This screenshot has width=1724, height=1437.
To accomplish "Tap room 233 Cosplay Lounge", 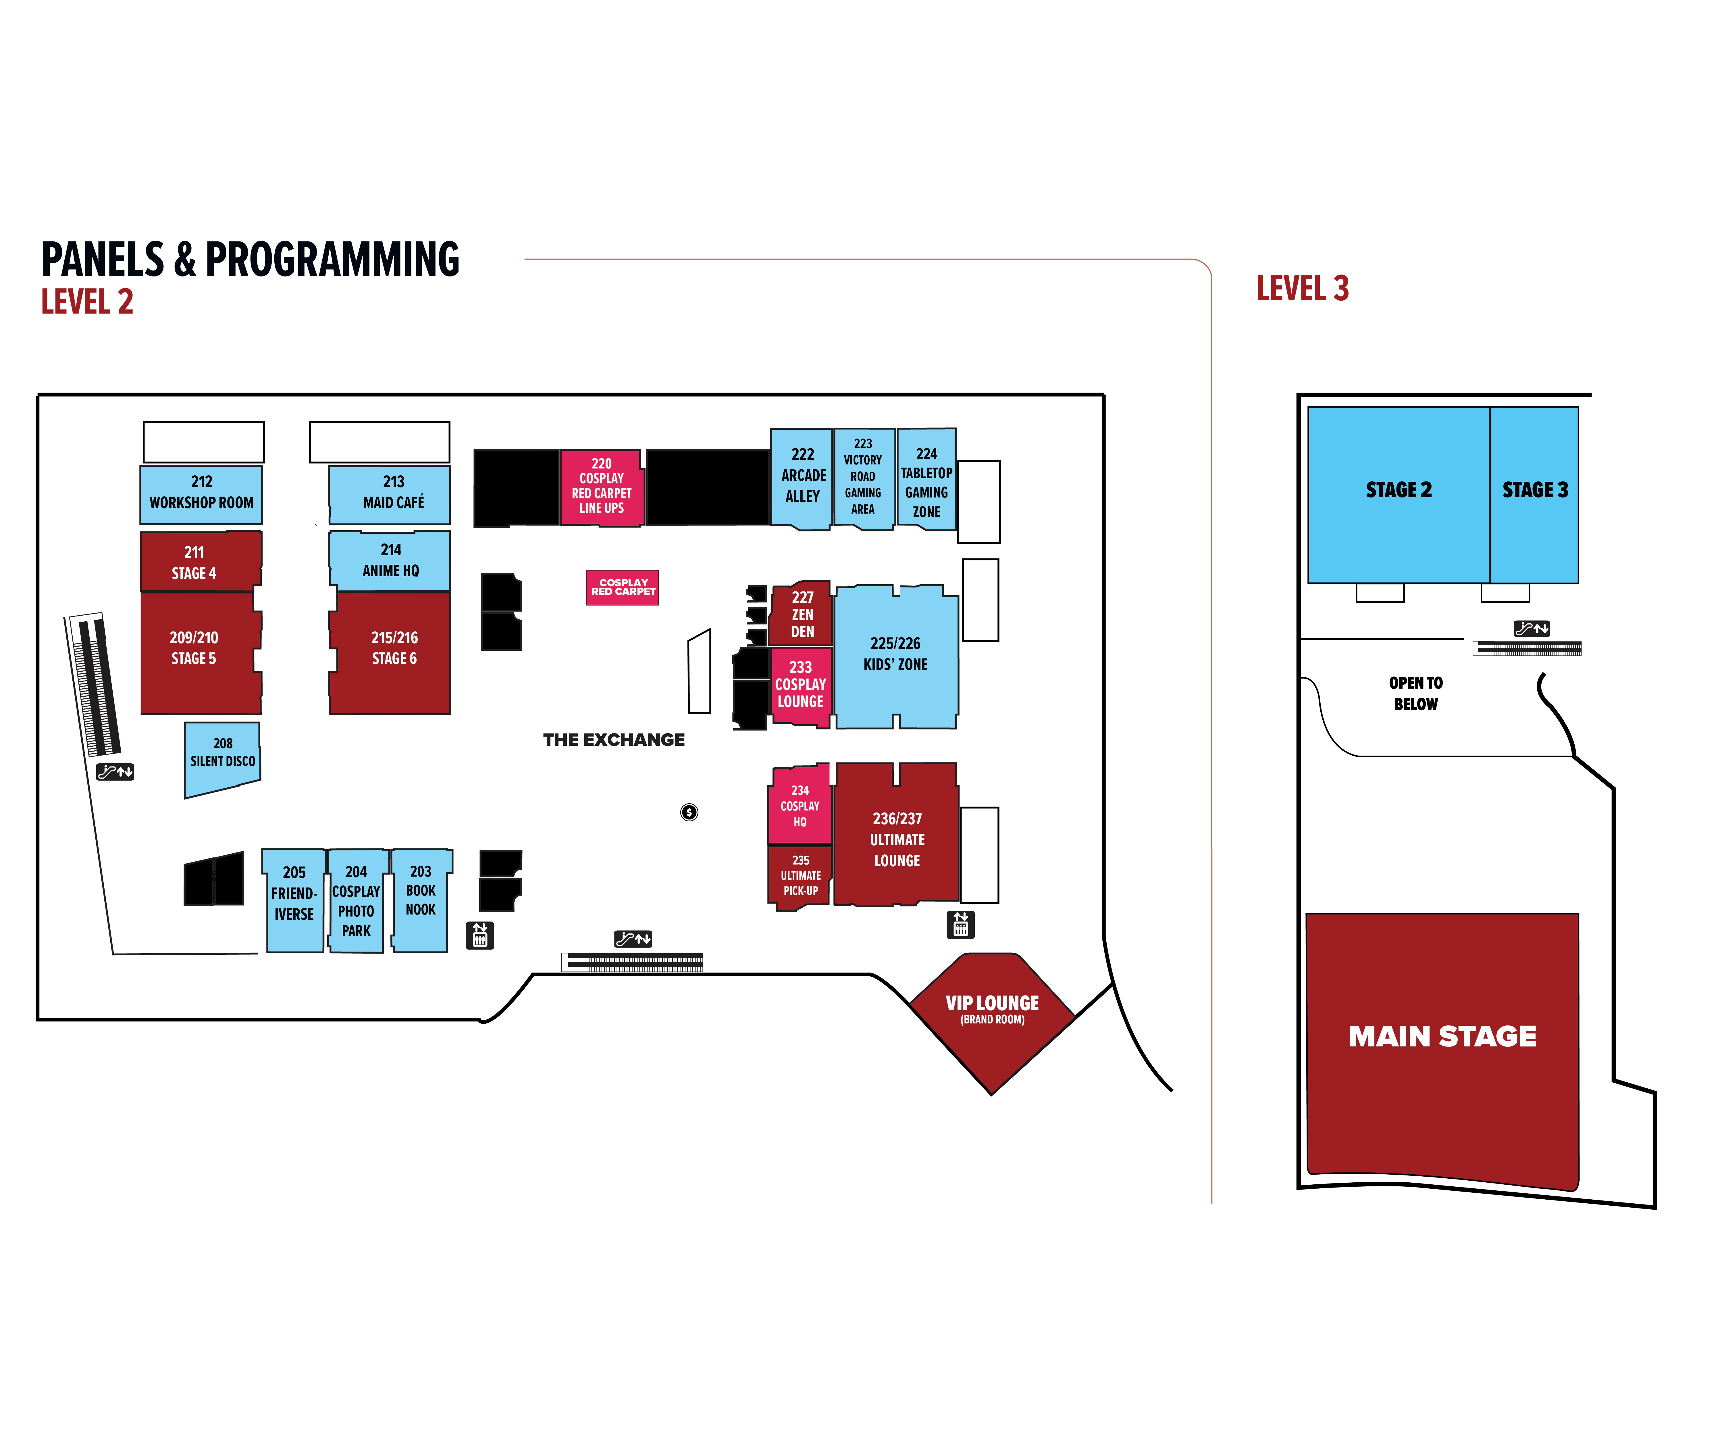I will coord(800,685).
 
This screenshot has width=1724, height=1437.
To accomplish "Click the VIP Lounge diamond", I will coord(992,1018).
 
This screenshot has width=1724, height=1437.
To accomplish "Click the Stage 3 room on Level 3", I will coord(1534,493).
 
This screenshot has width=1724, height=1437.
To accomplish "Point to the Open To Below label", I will coord(1415,694).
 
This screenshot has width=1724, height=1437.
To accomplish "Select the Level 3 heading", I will coord(1303,289).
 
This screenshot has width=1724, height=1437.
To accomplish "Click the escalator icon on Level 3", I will coord(1531,629).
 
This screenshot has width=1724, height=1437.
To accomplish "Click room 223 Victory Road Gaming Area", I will coord(863,478).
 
